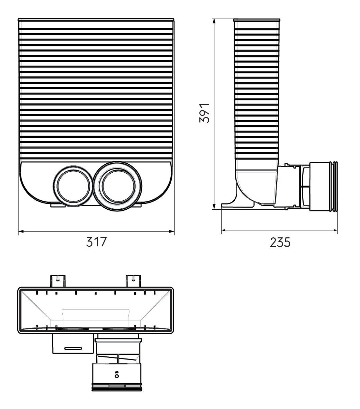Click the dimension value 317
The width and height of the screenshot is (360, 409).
96,242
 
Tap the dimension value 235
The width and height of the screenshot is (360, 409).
280,243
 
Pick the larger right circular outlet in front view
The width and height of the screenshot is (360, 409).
118,186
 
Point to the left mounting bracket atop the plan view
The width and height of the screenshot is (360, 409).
58,280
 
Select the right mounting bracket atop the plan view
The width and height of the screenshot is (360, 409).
133,280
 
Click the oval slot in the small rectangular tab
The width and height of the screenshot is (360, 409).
73,348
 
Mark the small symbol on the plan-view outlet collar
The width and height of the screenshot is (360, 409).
117,374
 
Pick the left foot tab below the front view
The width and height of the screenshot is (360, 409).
58,205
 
